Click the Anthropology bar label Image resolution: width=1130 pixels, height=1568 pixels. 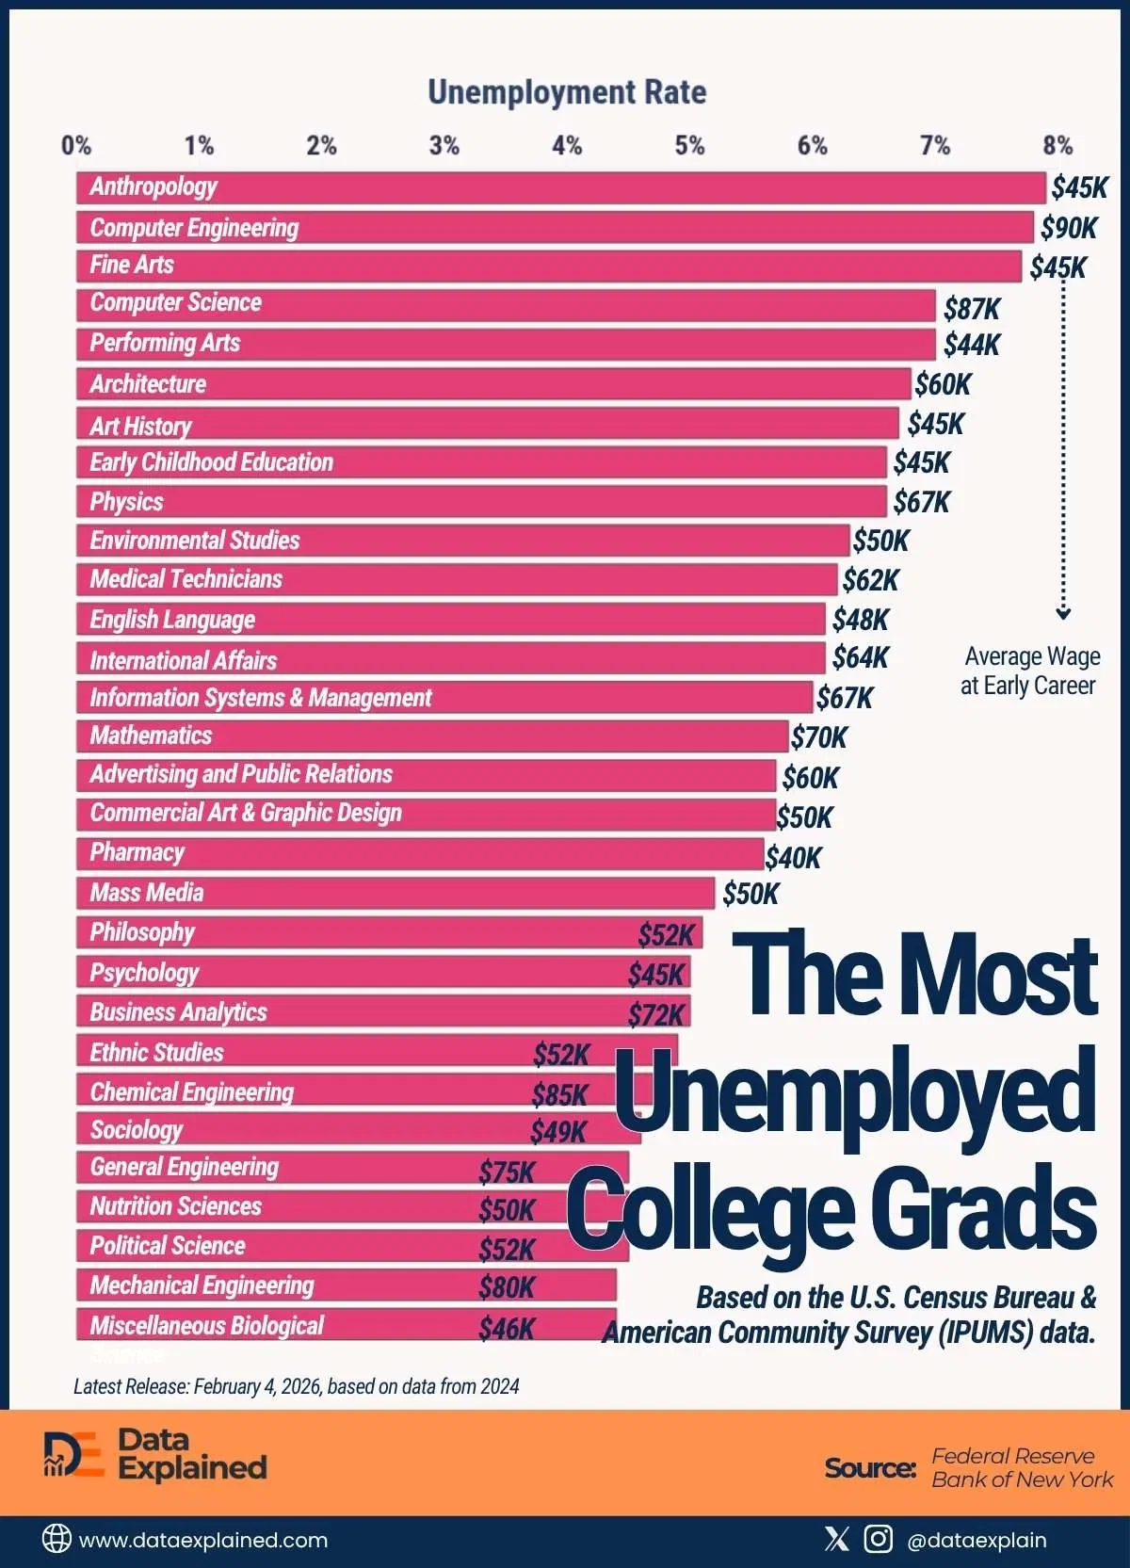pyautogui.click(x=153, y=186)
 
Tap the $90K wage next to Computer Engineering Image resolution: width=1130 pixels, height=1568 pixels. pyautogui.click(x=1068, y=228)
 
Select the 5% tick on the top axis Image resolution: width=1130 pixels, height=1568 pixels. pyautogui.click(x=689, y=146)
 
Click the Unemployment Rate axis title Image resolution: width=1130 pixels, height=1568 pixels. pyautogui.click(x=567, y=92)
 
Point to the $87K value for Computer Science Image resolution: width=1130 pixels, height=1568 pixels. pyautogui.click(x=971, y=309)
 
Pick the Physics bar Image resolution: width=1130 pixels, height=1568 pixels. pyautogui.click(x=480, y=502)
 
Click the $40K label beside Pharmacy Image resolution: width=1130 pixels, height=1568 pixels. pyautogui.click(x=793, y=858)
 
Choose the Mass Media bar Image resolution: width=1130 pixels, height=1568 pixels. pyautogui.click(x=395, y=893)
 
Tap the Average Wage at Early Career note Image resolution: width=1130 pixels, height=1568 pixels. pyautogui.click(x=1030, y=671)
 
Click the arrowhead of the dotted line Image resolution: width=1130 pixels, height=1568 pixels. pyautogui.click(x=1063, y=614)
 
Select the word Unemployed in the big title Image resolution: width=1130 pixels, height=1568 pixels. pyautogui.click(x=855, y=1092)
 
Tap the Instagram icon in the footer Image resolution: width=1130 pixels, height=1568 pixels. pyautogui.click(x=878, y=1539)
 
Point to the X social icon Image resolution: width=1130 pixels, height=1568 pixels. pyautogui.click(x=836, y=1539)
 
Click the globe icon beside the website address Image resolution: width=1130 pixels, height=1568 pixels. pyautogui.click(x=56, y=1539)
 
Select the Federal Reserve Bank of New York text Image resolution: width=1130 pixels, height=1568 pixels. pyautogui.click(x=1021, y=1467)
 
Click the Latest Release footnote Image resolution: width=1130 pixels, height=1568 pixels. pyautogui.click(x=296, y=1386)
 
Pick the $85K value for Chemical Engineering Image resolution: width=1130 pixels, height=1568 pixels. pyautogui.click(x=559, y=1094)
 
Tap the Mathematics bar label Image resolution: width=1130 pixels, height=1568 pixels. pyautogui.click(x=151, y=736)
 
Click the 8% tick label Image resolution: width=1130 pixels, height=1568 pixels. pyautogui.click(x=1057, y=146)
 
